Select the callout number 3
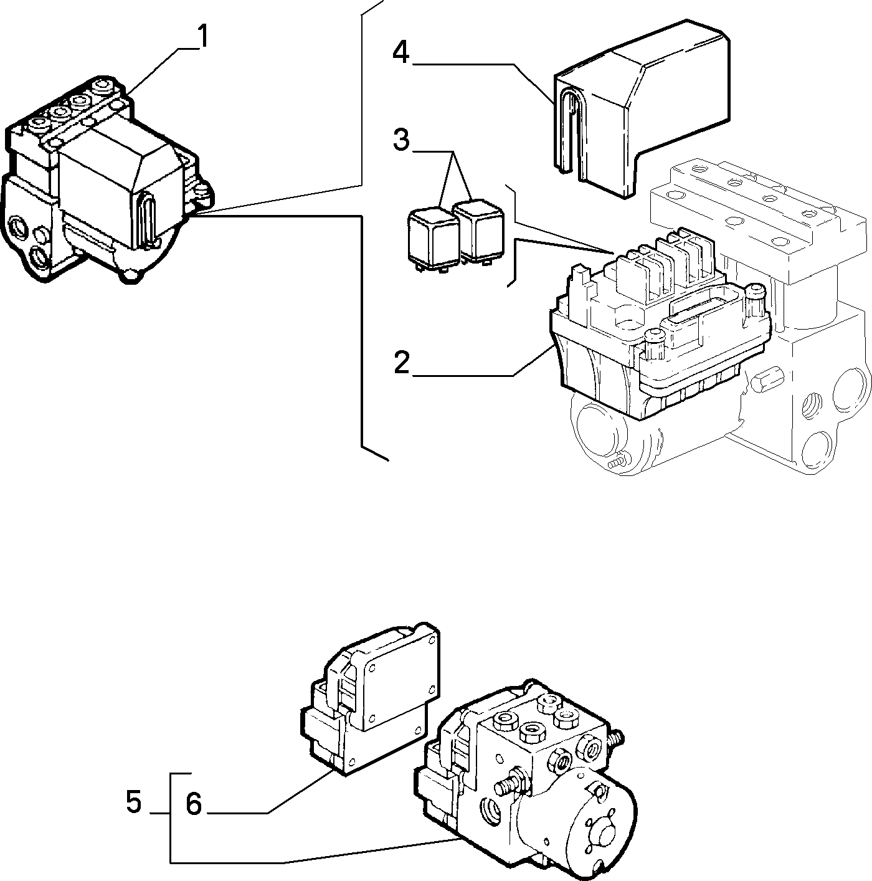tap(402, 140)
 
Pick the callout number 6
tap(194, 804)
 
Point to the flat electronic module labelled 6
tap(371, 700)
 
